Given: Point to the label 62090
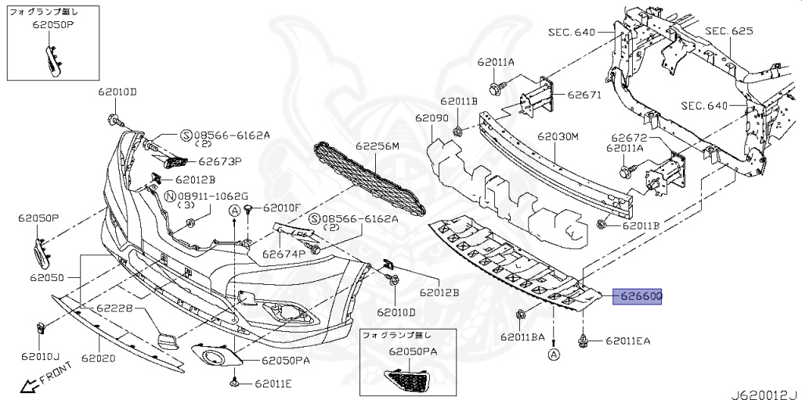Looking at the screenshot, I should pos(432,117).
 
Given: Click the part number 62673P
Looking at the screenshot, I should pos(219,162).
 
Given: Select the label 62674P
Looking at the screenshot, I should pos(283,254).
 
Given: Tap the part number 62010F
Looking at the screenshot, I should pos(282,208).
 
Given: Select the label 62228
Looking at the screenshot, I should pos(116,310).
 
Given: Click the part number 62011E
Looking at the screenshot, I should pos(272,384).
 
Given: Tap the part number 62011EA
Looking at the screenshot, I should pos(627,341).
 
